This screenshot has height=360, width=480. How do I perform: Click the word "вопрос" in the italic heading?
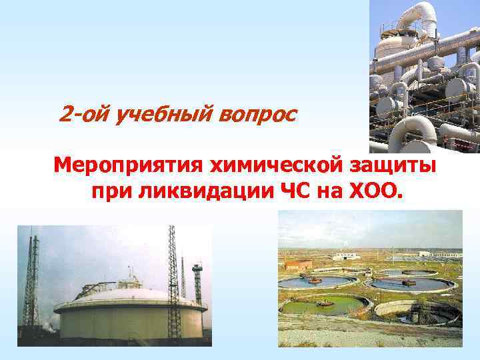tap(257, 114)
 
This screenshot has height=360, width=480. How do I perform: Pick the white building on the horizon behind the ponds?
tap(347, 256)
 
